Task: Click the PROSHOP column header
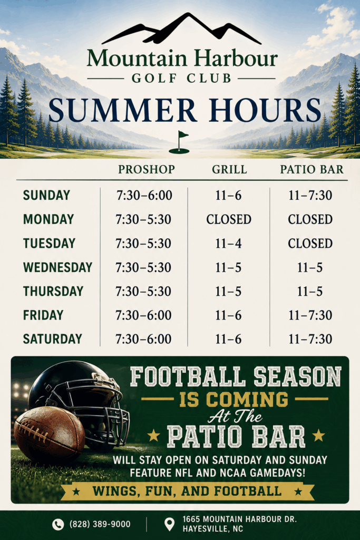point(147,169)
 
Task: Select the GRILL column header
point(229,169)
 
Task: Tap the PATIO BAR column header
point(312,169)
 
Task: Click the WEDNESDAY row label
point(57,267)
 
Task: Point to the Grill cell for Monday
point(229,219)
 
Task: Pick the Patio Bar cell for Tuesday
point(310,244)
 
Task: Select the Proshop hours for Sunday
point(144,195)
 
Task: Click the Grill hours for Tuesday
point(229,244)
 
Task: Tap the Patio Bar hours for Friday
point(310,315)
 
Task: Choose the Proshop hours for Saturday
point(143,339)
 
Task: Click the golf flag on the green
point(180,142)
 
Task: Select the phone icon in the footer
point(58,524)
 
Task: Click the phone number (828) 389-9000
point(100,524)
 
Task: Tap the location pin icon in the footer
point(169,524)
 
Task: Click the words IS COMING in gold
point(233,400)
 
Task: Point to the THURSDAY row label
point(53,291)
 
